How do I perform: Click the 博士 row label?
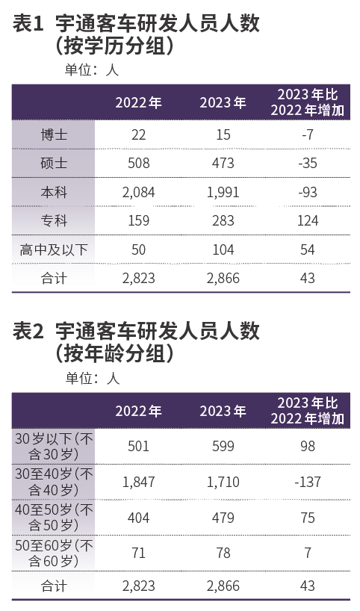(54, 134)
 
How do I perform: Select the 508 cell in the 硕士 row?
(138, 163)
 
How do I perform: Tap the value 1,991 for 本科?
(223, 192)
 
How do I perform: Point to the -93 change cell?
(306, 192)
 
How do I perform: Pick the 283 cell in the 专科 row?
(223, 220)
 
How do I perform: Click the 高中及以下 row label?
(54, 249)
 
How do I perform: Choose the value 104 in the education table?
(223, 249)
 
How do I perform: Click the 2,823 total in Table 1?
(138, 278)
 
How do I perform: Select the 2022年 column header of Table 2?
(138, 412)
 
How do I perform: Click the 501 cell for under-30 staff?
(138, 446)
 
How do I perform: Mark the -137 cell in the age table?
(306, 483)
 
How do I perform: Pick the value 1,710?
(223, 483)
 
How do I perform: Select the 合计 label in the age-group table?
(54, 586)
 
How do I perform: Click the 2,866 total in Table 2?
(223, 586)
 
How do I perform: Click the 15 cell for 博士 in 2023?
(223, 134)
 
